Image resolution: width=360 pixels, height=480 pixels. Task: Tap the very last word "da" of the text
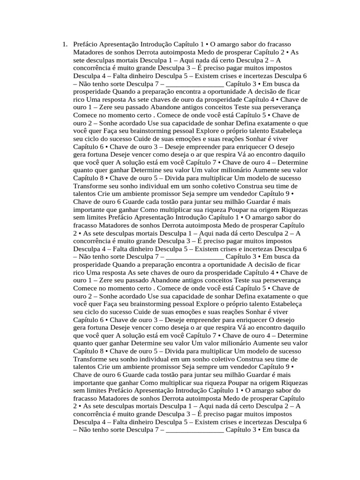296,430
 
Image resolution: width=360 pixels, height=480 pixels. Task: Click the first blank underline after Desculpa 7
195,84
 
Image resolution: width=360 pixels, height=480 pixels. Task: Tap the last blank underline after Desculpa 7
195,430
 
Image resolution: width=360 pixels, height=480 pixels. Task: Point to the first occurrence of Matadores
89,52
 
